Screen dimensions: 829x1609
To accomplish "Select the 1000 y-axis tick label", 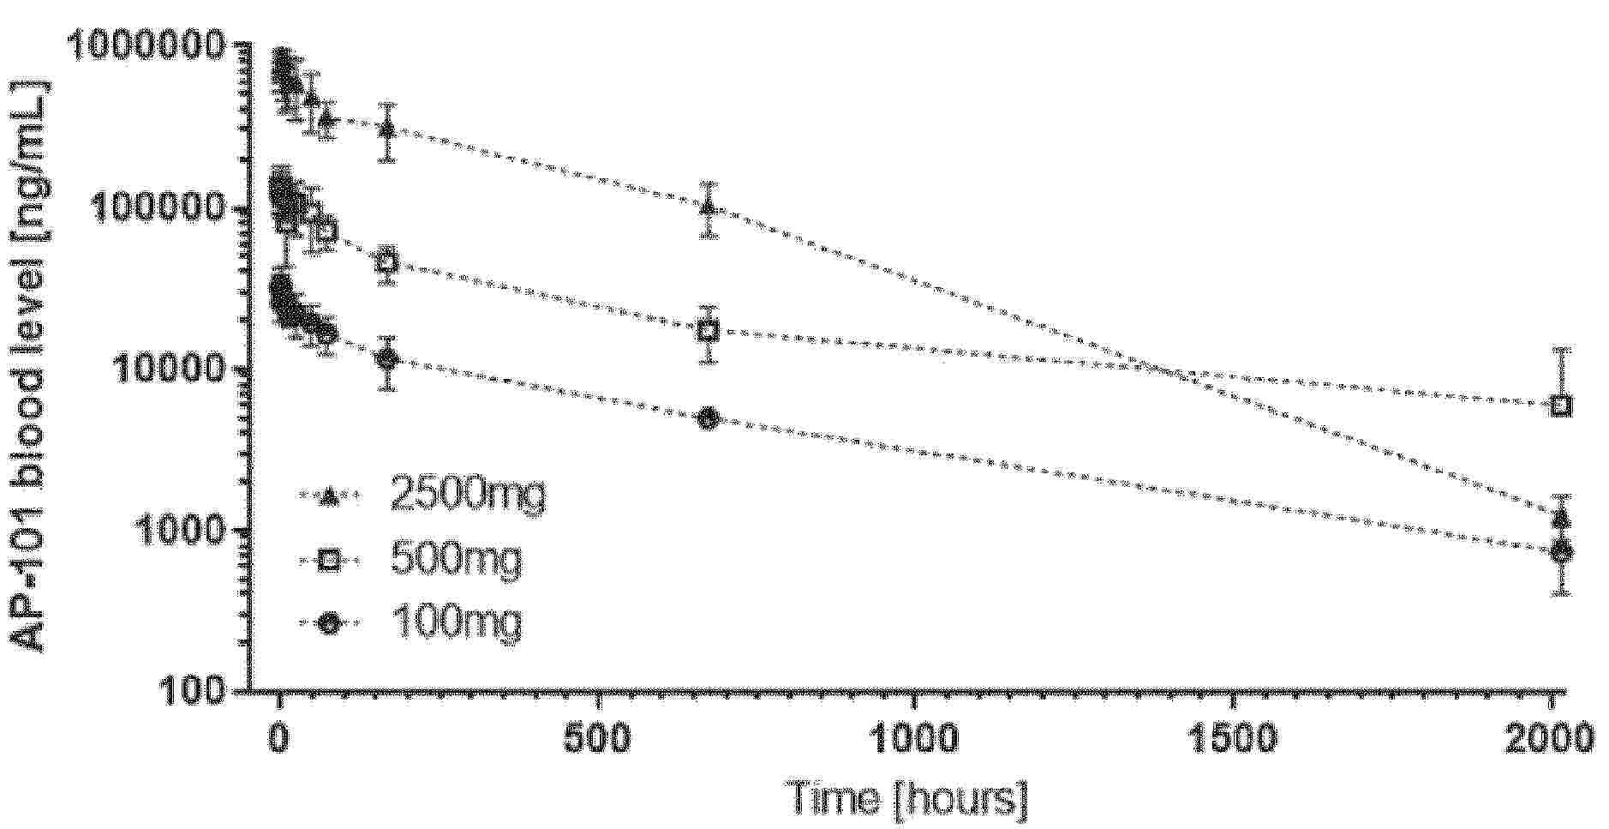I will click(x=180, y=529).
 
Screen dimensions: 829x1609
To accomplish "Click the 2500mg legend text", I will click(x=467, y=495).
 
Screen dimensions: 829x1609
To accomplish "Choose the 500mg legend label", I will click(x=455, y=561).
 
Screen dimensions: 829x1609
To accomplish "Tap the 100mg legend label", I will click(x=455, y=623).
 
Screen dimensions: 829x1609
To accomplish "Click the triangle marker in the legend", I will click(x=329, y=496).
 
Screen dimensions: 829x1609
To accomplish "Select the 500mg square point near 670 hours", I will click(x=708, y=331).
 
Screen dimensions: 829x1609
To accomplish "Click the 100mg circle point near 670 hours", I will click(x=708, y=418).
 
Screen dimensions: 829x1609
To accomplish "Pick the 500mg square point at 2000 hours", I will click(x=1562, y=405).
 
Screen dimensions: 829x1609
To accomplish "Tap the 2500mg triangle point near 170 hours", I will click(x=388, y=129).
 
